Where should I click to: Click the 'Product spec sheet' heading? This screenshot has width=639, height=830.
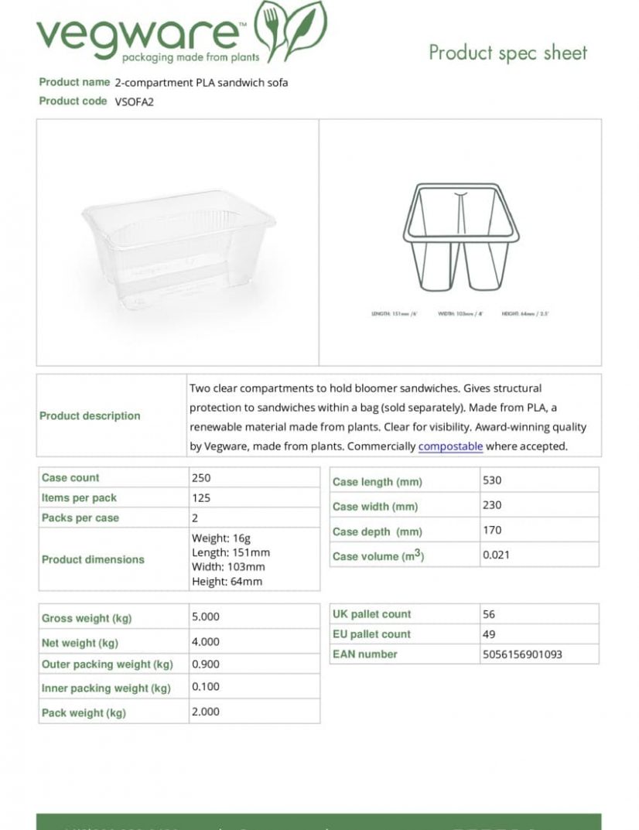coord(507,53)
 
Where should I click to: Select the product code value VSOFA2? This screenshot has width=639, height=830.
coord(135,101)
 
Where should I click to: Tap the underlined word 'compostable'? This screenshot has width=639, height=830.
coord(450,446)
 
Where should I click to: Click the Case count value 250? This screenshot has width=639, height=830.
coord(201,478)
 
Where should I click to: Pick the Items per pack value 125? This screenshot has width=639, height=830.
coord(201,498)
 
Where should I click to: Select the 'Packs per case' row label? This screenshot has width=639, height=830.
coord(80,518)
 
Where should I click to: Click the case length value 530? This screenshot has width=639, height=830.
coord(492,480)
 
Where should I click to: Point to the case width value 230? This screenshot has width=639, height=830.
coord(492,505)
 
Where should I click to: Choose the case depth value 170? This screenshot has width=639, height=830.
coord(492,530)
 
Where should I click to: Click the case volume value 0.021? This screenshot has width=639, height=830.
coord(496,555)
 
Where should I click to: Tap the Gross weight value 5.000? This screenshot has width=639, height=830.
coord(206,617)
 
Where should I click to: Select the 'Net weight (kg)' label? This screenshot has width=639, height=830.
coord(80,643)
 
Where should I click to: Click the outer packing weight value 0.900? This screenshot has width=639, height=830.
coord(206,664)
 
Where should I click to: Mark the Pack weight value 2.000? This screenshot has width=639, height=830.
coord(206,712)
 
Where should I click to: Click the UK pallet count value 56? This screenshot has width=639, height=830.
coord(488,614)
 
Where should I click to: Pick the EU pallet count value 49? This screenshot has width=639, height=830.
coord(488,634)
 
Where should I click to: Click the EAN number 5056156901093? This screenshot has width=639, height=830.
coord(521,654)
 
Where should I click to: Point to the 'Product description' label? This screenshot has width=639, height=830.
coord(90,416)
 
